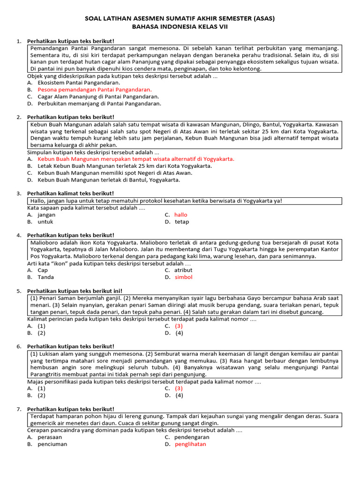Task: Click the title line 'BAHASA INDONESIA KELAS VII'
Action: pos(180,27)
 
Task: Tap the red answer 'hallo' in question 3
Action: pos(181,215)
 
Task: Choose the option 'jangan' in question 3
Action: pos(47,215)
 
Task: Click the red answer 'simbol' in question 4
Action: pos(183,277)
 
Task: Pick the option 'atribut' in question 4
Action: pos(183,270)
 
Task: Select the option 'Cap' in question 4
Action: pos(43,270)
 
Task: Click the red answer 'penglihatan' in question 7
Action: pos(190,444)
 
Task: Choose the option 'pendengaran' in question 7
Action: pos(192,437)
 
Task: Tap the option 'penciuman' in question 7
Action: pos(52,444)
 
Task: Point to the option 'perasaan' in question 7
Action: pos(50,437)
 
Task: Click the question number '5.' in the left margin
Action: pos(19,291)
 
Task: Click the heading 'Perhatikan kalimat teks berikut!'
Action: pos(70,194)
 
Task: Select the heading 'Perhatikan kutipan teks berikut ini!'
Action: pos(75,291)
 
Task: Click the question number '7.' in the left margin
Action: pos(19,409)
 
